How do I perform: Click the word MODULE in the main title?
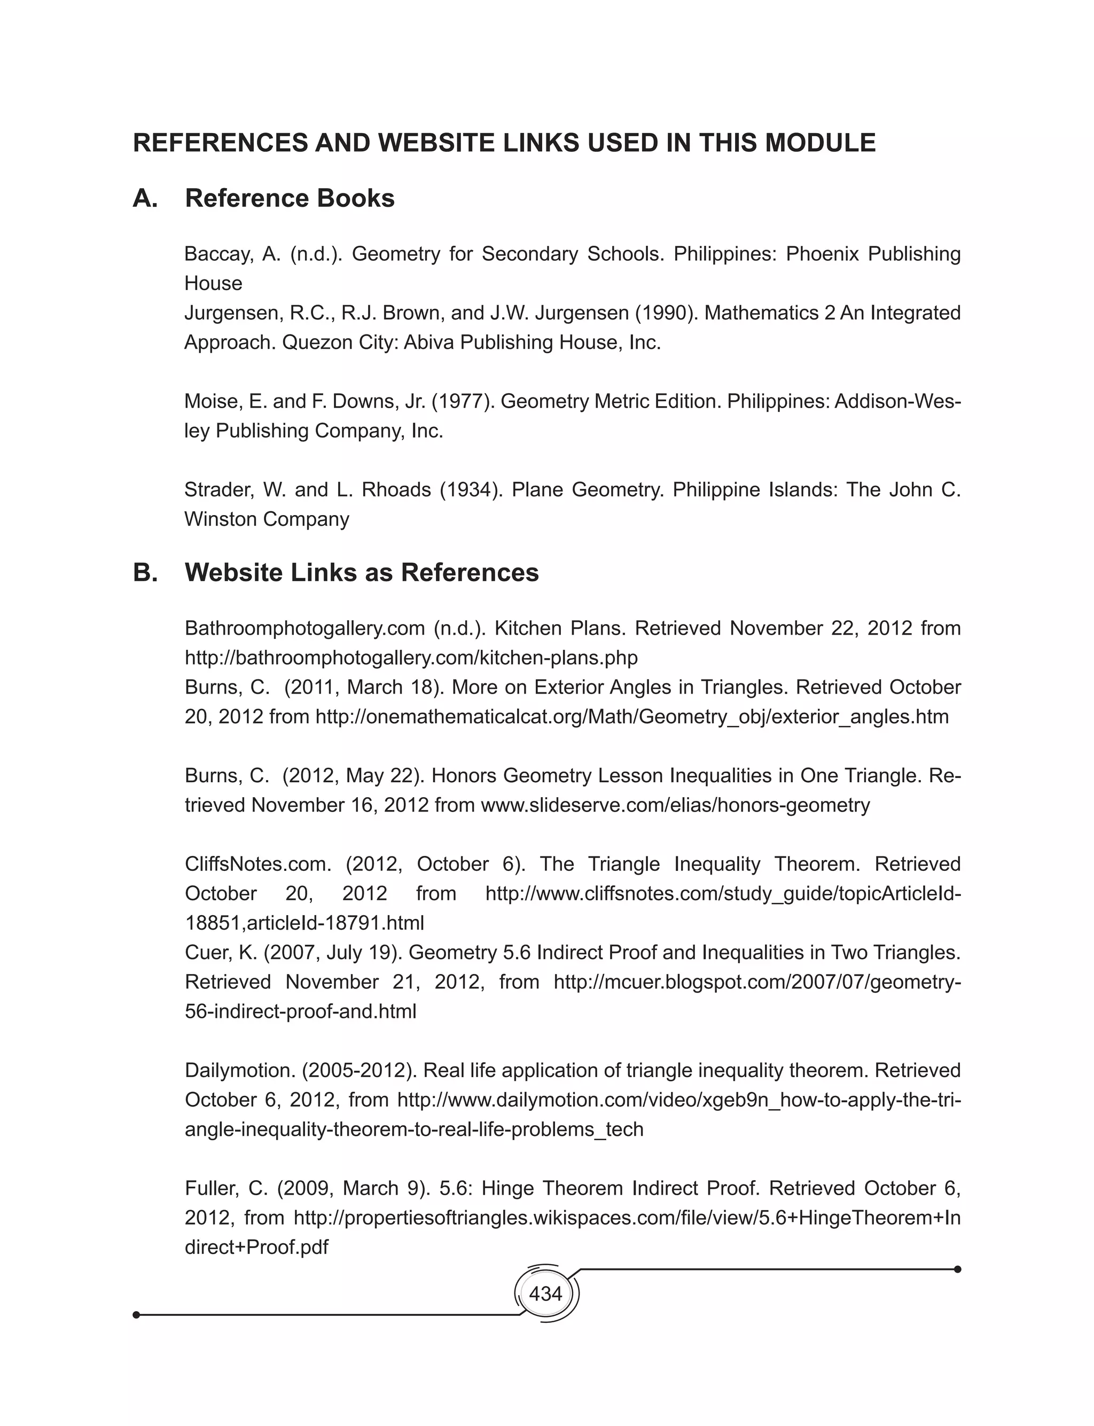pos(820,143)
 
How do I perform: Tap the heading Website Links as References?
pos(362,573)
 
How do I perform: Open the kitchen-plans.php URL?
pos(411,658)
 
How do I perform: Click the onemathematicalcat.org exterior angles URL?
pos(631,717)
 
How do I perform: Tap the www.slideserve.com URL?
pos(675,806)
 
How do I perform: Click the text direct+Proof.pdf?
pos(256,1248)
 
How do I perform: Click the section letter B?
pos(145,573)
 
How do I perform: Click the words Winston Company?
pos(267,519)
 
